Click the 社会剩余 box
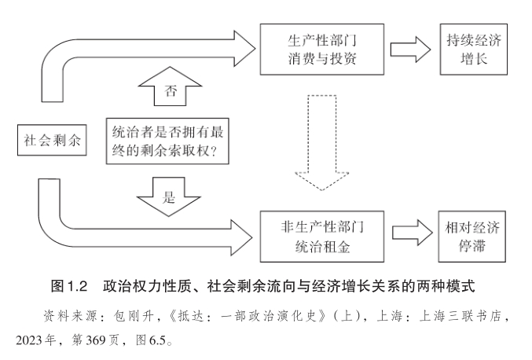[50, 141]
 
